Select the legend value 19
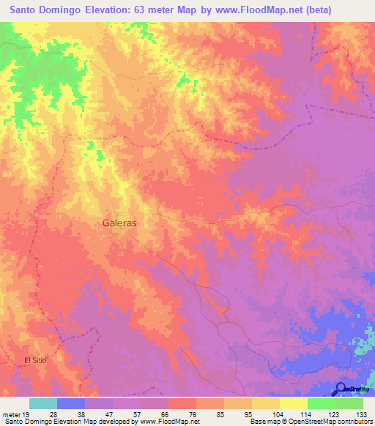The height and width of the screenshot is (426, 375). click(x=26, y=414)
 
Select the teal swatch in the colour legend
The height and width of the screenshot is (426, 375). click(x=43, y=403)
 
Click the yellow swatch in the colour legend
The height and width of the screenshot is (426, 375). click(x=294, y=403)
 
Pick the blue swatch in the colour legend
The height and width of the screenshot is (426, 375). click(x=71, y=403)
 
